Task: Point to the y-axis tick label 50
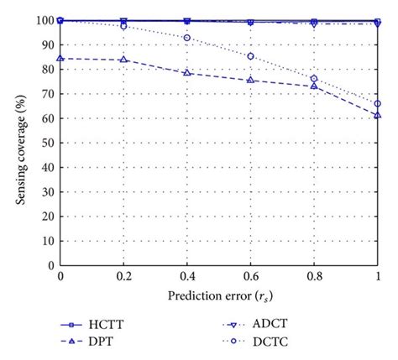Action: [47, 143]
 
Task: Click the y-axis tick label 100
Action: [44, 20]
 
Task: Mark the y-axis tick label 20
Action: [47, 216]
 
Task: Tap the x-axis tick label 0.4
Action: [186, 276]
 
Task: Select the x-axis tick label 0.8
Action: [314, 276]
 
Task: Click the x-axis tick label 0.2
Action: [123, 276]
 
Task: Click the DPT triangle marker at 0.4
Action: [187, 73]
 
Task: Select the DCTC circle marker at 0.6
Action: [250, 56]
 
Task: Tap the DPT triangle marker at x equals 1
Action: [377, 115]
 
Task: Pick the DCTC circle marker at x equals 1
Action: [377, 104]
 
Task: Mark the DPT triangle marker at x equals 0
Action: [60, 59]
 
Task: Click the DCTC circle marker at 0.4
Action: [187, 38]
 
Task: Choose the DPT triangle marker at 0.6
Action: [250, 81]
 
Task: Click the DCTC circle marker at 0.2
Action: [123, 26]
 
